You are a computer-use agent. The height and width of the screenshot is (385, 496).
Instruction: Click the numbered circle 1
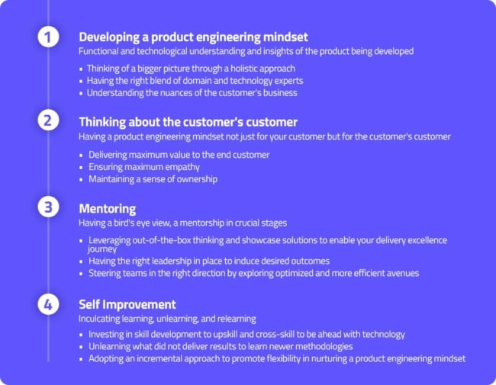(x=48, y=37)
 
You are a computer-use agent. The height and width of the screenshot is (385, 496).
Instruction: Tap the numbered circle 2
(x=48, y=120)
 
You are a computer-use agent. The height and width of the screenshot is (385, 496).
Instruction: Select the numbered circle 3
(x=48, y=207)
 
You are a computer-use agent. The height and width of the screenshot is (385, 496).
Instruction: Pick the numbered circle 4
(x=48, y=304)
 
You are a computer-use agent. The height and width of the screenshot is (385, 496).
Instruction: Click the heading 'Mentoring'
(x=108, y=209)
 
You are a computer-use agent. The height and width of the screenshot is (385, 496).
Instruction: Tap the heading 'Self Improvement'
(x=127, y=304)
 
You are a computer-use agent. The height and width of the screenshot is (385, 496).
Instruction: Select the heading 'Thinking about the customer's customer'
(x=188, y=122)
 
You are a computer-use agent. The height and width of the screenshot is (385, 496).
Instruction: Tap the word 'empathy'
(x=185, y=167)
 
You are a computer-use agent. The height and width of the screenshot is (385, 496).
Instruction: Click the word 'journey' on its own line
(x=102, y=249)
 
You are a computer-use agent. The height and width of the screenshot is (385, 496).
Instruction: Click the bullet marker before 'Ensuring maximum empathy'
(x=81, y=167)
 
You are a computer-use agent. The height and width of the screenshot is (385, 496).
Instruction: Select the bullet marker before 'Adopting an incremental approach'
(x=81, y=359)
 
